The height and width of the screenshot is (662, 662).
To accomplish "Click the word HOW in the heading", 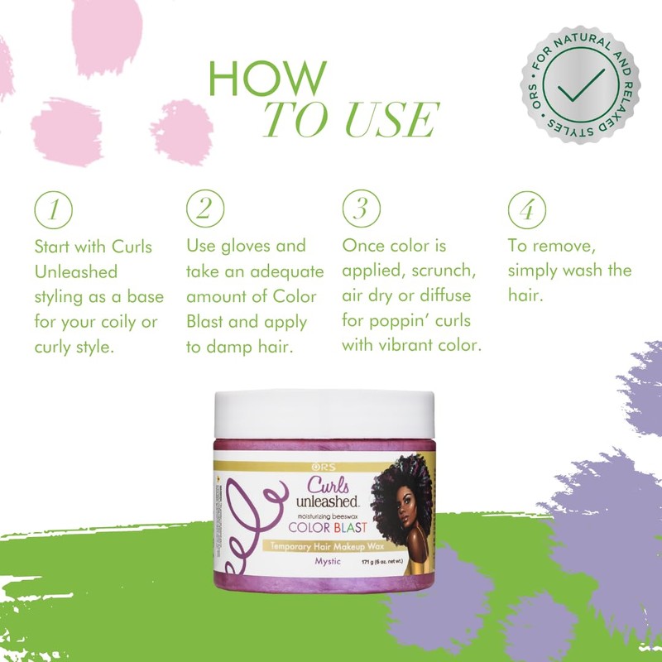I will pyautogui.click(x=267, y=78).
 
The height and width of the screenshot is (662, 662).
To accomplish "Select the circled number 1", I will pyautogui.click(x=53, y=209).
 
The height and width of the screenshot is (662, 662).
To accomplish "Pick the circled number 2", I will pyautogui.click(x=206, y=209).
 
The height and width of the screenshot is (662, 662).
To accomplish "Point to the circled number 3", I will pyautogui.click(x=361, y=209).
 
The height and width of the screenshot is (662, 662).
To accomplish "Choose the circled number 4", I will pyautogui.click(x=526, y=209).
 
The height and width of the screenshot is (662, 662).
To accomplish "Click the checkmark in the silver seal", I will pyautogui.click(x=580, y=85).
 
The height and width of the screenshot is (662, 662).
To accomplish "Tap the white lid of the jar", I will pyautogui.click(x=324, y=413).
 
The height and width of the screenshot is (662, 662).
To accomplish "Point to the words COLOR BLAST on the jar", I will pyautogui.click(x=326, y=526).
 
